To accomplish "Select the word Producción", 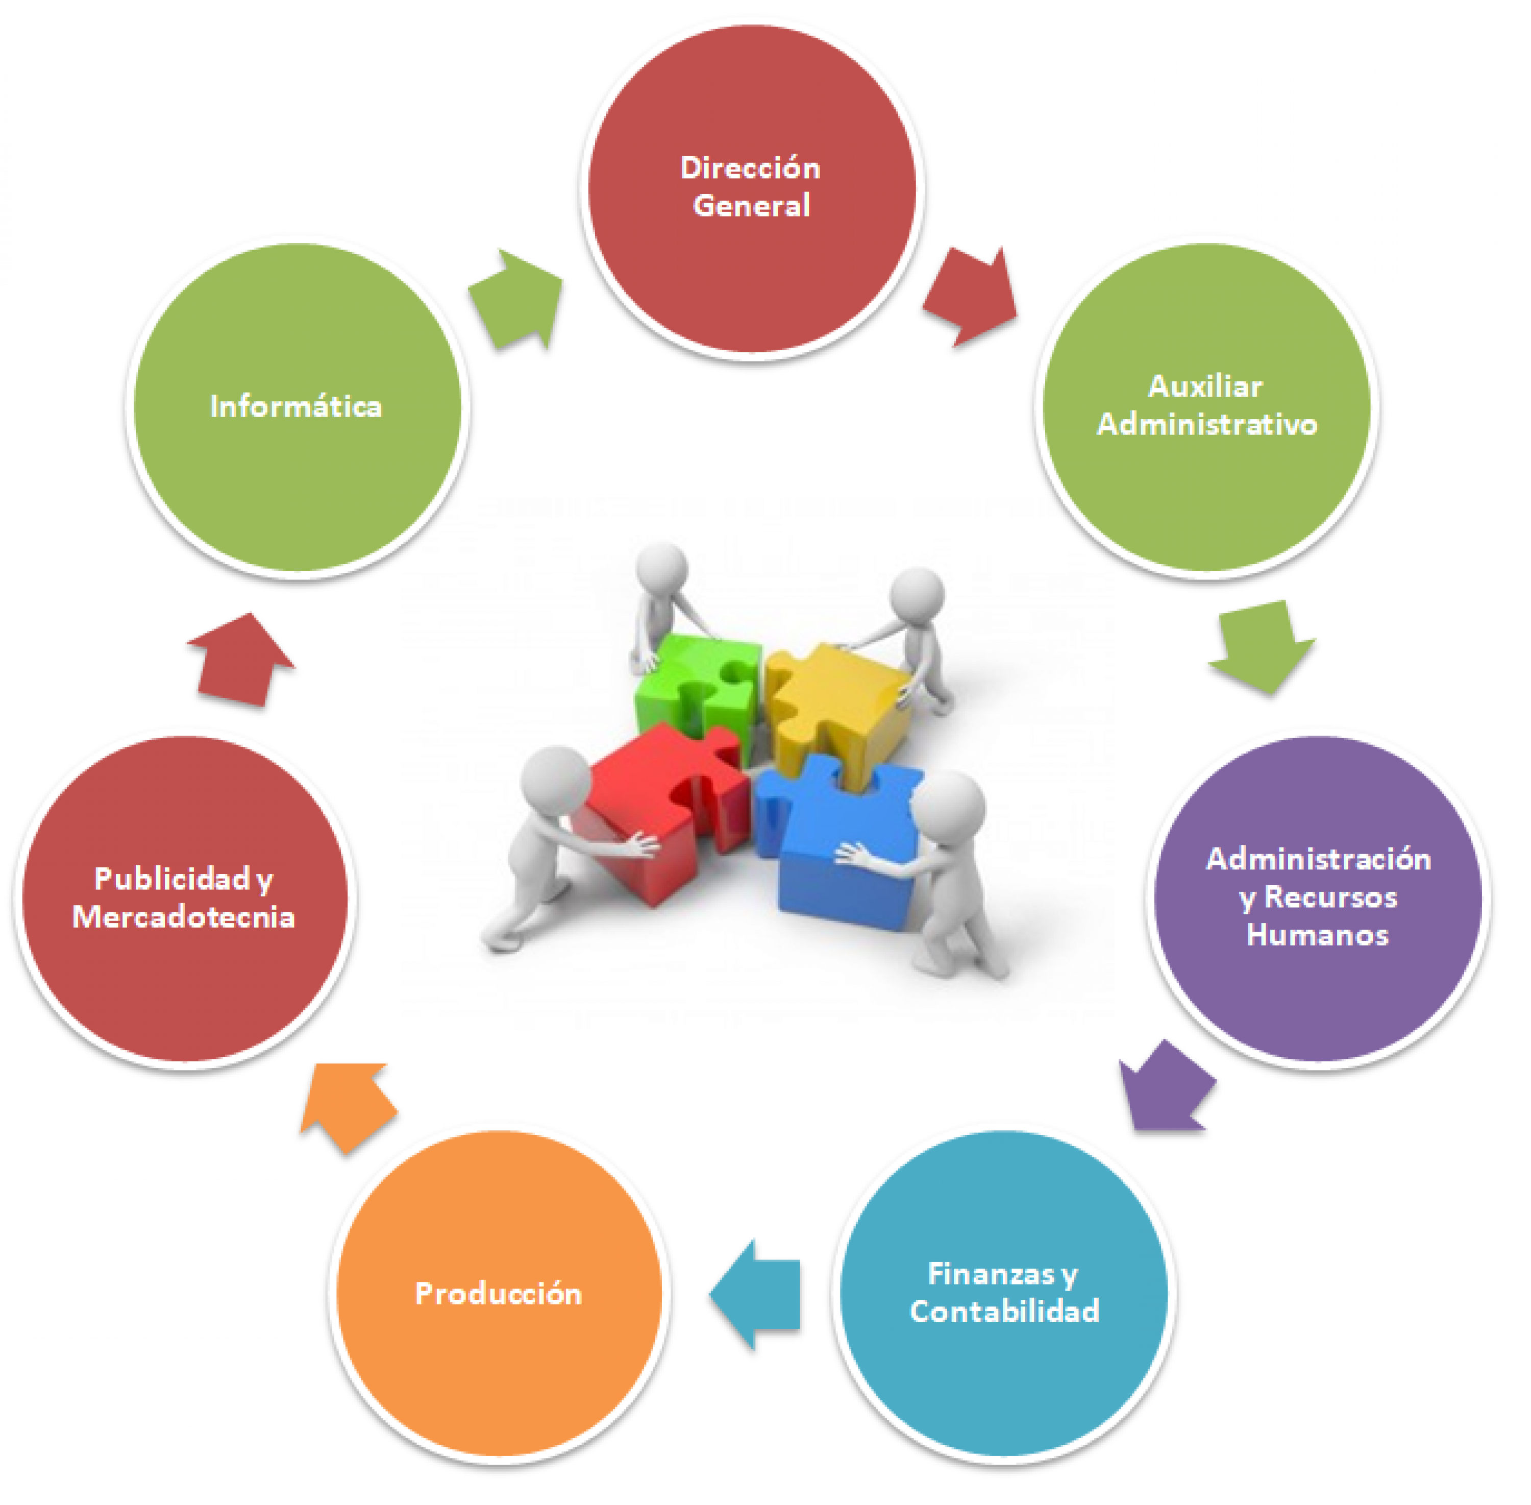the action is tap(499, 1293).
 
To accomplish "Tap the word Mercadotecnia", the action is tap(183, 917).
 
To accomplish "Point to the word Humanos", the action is tap(1317, 935).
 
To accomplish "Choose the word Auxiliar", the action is tap(1205, 386).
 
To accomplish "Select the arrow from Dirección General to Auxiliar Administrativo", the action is tap(971, 297).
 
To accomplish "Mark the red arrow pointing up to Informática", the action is tap(242, 660).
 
